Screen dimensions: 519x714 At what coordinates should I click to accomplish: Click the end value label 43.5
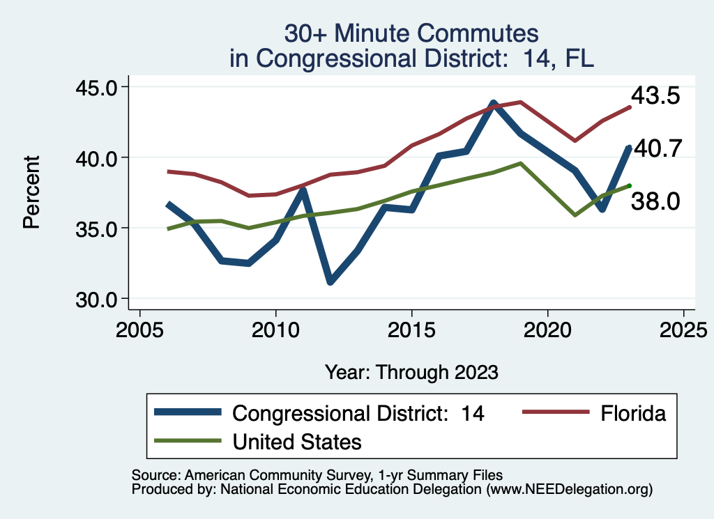tap(655, 96)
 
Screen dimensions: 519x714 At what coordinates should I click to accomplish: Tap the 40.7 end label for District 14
tap(657, 148)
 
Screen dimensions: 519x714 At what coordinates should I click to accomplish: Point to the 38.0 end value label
tap(655, 202)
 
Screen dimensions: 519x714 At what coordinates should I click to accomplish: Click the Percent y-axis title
tap(31, 192)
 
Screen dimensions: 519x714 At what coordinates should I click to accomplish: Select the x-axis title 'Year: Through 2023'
tap(411, 372)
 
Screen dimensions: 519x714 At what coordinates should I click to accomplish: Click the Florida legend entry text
tap(633, 413)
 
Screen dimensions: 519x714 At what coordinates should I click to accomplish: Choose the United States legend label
tap(297, 441)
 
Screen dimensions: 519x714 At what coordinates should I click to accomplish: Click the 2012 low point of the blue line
tap(330, 281)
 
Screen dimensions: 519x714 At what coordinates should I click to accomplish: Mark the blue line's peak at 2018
tap(493, 104)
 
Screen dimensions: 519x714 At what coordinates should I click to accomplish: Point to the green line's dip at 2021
tap(575, 215)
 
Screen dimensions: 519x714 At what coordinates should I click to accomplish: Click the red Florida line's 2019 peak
tap(521, 102)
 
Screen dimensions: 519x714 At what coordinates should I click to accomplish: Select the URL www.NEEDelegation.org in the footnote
tap(570, 489)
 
